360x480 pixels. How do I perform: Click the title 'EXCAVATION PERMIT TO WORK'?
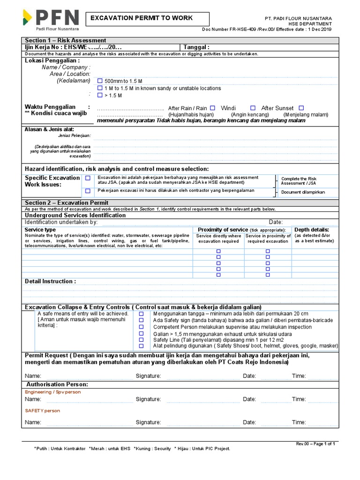click(141, 18)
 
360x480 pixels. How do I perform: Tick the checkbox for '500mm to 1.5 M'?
click(99, 81)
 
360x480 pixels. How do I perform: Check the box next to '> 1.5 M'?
click(99, 95)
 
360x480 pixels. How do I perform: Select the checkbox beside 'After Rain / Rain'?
click(213, 108)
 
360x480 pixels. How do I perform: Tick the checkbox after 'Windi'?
click(253, 108)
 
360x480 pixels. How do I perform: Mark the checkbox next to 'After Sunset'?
click(301, 108)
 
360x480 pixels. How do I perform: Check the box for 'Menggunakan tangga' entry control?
click(141, 314)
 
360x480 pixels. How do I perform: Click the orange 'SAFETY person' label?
click(43, 411)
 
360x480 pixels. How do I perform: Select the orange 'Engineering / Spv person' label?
click(53, 391)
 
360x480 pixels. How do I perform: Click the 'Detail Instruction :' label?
click(50, 281)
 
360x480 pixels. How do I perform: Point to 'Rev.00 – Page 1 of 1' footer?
click(315, 443)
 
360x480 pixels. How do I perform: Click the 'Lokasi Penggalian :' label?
click(52, 60)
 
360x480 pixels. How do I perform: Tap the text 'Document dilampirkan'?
click(303, 192)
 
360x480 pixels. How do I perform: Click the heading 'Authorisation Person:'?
click(58, 384)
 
